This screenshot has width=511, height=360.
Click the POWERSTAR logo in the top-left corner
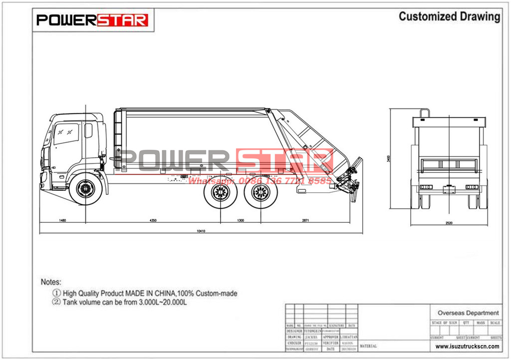click(x=92, y=20)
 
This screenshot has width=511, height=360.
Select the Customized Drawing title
click(x=449, y=16)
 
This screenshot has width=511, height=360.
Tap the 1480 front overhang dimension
click(x=62, y=220)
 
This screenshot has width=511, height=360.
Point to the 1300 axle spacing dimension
click(x=240, y=220)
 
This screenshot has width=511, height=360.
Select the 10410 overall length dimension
click(x=201, y=231)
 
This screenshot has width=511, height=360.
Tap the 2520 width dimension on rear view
click(x=448, y=223)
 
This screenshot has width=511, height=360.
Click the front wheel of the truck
click(x=86, y=189)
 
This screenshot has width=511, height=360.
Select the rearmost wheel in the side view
click(x=259, y=192)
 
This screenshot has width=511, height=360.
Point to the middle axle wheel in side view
click(x=220, y=192)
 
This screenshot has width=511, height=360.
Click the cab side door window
click(x=66, y=133)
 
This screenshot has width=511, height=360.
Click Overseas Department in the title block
click(x=468, y=313)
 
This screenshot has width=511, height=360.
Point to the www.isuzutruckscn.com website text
click(x=467, y=346)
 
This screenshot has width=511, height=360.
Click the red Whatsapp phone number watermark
click(x=259, y=181)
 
